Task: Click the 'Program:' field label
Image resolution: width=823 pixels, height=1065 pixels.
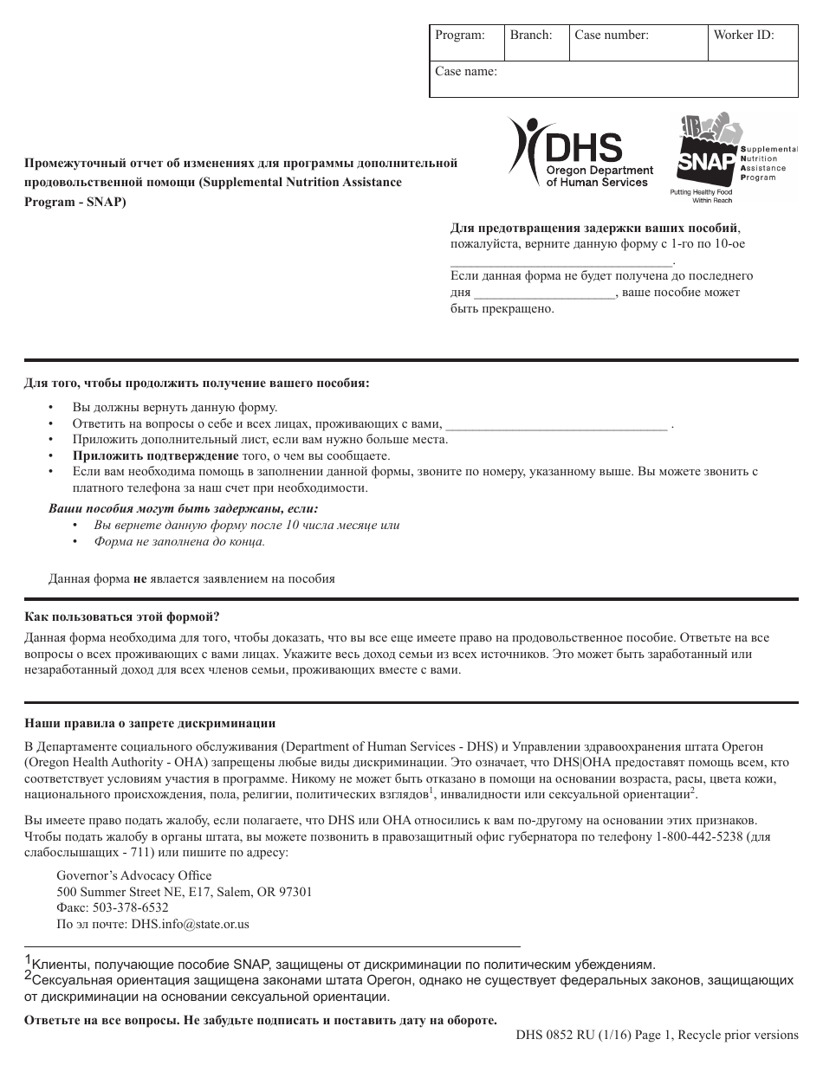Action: tap(459, 35)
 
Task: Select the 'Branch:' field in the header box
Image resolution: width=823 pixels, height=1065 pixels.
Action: tap(531, 35)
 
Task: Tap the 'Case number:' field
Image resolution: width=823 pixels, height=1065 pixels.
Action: tap(612, 35)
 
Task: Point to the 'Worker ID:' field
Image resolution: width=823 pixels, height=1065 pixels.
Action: tap(743, 35)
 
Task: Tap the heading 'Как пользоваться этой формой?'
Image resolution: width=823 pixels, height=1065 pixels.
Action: tap(121, 616)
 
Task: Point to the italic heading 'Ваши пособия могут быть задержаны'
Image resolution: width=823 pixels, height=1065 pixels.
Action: tap(183, 508)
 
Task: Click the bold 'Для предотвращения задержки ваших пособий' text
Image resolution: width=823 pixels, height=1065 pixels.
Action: tap(594, 229)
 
